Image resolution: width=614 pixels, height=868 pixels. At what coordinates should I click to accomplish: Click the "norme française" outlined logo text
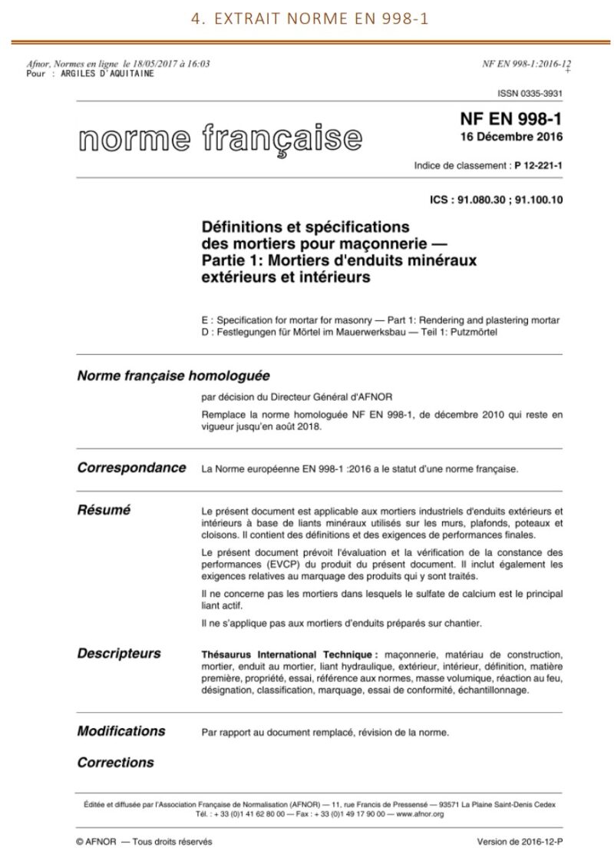(x=219, y=139)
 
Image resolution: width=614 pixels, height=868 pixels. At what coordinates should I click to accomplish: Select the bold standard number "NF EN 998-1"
(x=510, y=121)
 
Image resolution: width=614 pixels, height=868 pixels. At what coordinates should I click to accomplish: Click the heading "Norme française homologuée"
(x=173, y=376)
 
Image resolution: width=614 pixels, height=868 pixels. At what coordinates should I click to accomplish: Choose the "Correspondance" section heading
(x=131, y=467)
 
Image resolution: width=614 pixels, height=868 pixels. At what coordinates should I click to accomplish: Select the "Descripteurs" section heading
(x=119, y=654)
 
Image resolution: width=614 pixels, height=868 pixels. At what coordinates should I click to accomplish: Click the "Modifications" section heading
(x=121, y=731)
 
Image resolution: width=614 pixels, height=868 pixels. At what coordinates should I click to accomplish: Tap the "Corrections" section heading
(x=115, y=763)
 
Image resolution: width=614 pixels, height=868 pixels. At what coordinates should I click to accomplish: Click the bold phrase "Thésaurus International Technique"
(x=289, y=654)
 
